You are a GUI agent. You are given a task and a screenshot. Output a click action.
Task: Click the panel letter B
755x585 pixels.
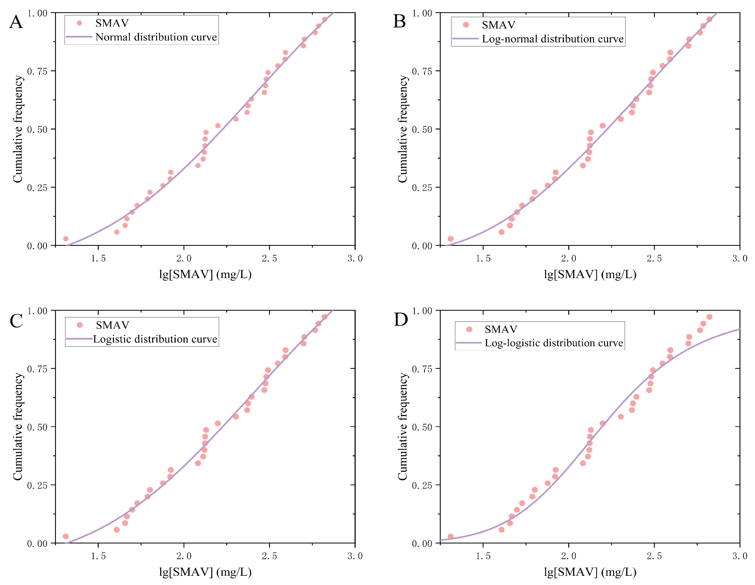tap(399, 21)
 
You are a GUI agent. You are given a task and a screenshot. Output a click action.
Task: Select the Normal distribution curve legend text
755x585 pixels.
tap(156, 37)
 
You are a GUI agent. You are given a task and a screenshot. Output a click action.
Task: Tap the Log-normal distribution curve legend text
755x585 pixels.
tap(552, 39)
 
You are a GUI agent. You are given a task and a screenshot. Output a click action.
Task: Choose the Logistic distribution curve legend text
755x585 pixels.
tap(155, 339)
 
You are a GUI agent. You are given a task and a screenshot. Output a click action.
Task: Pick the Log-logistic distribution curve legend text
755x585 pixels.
tap(554, 343)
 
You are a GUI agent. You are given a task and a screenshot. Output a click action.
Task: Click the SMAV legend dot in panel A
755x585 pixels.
tap(79, 23)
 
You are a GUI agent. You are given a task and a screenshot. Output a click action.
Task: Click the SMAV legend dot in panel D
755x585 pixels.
tap(469, 329)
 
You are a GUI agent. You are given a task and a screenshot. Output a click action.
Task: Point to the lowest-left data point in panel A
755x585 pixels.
tap(66, 238)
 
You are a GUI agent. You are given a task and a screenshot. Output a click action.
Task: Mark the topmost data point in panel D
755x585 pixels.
tap(709, 317)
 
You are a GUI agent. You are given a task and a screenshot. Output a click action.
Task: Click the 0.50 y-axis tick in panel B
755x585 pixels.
tap(422, 129)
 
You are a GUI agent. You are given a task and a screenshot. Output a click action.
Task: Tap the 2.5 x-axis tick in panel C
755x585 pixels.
tap(269, 556)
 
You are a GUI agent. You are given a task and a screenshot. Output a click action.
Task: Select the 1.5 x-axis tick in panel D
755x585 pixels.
tap(483, 556)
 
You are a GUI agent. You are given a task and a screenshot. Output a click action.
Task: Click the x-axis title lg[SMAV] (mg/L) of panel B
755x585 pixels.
tap(590, 274)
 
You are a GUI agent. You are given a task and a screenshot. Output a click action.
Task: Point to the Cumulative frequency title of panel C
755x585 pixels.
tap(18, 426)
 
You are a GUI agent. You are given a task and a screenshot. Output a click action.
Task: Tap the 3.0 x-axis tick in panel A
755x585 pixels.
tap(355, 258)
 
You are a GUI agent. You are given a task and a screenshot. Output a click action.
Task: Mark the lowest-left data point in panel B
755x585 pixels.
tap(450, 238)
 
